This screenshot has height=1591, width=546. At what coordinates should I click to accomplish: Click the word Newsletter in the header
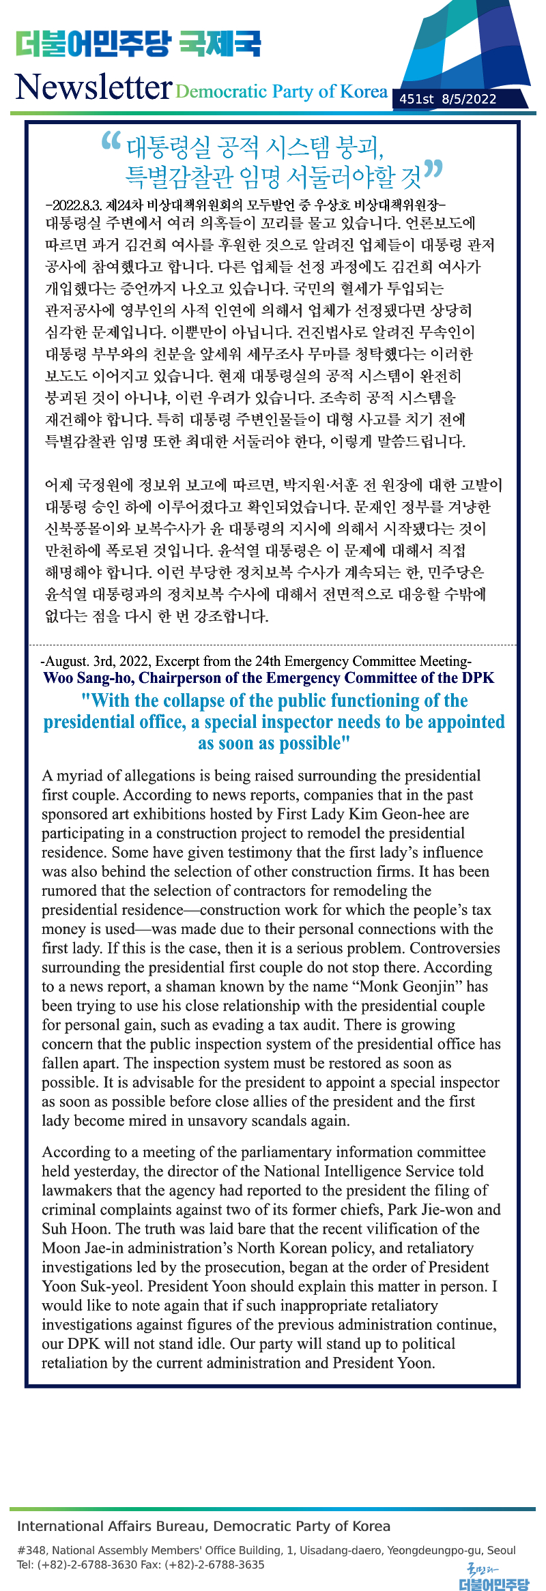click(x=94, y=87)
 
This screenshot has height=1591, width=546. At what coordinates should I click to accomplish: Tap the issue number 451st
click(x=416, y=99)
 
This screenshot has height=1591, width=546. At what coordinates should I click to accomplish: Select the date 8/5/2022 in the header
click(x=469, y=99)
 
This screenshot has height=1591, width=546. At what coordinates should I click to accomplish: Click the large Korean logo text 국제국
click(x=220, y=44)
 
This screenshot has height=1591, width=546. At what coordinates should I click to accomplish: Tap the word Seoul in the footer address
click(x=501, y=1550)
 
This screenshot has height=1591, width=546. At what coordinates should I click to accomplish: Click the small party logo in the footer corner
click(x=493, y=1577)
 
